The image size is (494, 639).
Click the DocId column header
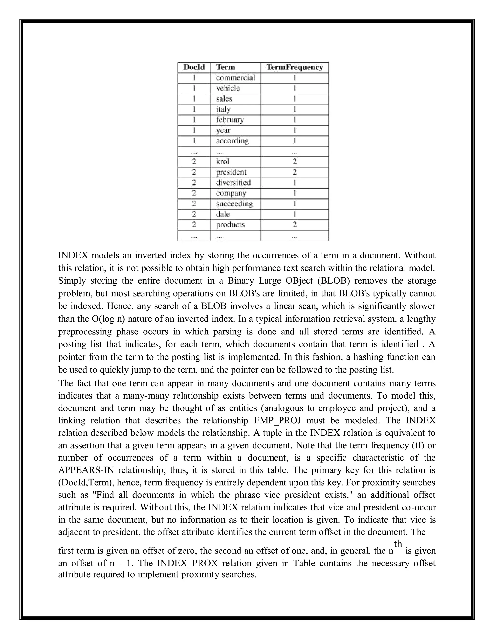click(x=194, y=67)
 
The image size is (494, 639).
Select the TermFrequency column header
click(x=295, y=67)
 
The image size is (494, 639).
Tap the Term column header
click(x=225, y=67)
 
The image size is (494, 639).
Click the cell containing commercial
click(x=235, y=78)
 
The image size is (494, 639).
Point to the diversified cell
click(x=233, y=183)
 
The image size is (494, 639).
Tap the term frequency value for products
click(x=295, y=225)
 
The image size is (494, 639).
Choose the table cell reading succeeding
click(x=234, y=204)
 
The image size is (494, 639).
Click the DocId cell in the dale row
click(x=194, y=214)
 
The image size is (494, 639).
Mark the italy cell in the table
click(x=223, y=109)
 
